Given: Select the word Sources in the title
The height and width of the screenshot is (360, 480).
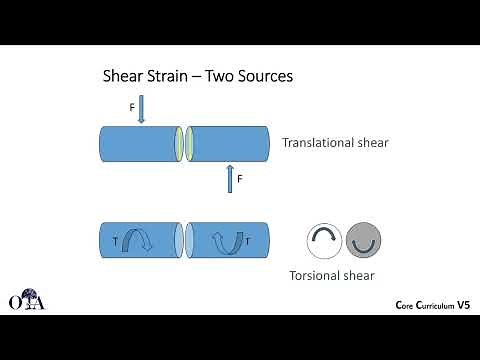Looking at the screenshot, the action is point(263,76).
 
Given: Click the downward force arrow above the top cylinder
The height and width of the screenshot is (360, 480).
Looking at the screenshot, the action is point(141,108).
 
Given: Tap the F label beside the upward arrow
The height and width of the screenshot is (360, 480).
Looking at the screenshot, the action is point(239,179).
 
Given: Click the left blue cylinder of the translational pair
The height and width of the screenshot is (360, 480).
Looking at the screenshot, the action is point(138,143).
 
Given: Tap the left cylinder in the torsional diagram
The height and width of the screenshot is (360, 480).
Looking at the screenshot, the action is point(138,240).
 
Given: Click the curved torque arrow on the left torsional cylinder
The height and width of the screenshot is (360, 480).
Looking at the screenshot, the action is point(135,240).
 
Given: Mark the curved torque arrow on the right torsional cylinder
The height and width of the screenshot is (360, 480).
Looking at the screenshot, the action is point(227,240).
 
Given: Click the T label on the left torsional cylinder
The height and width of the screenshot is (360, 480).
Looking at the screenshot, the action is point(115,241).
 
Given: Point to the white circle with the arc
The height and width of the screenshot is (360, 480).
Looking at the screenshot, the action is point(323,240).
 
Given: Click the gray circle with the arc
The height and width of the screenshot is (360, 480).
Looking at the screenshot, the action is point(363,240).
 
